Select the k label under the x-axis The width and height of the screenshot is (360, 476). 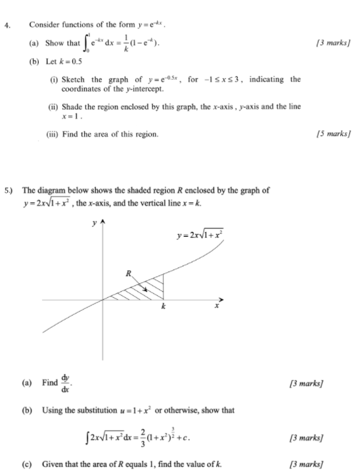163,306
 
